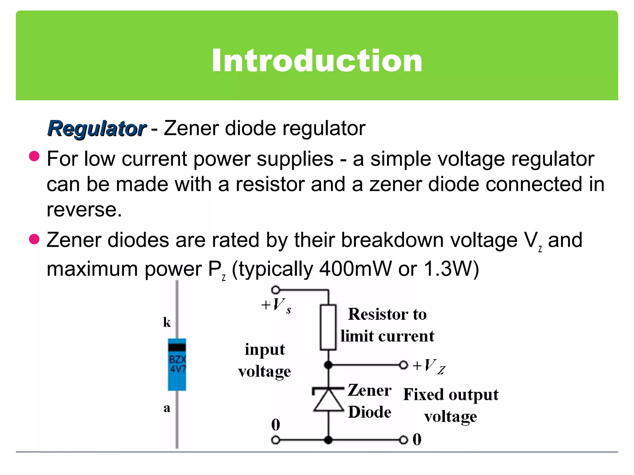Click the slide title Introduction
(317, 61)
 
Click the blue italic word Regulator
(97, 129)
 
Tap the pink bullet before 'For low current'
(34, 156)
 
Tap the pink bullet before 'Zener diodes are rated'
(34, 239)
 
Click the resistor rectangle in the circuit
(328, 327)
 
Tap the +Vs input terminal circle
(276, 290)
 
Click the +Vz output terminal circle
(403, 365)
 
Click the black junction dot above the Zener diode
(328, 365)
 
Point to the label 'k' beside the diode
(167, 322)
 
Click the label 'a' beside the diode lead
(167, 408)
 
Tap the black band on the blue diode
(177, 347)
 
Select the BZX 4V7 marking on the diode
(177, 364)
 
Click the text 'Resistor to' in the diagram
(387, 314)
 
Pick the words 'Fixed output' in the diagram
(451, 395)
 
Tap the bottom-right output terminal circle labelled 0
(403, 440)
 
